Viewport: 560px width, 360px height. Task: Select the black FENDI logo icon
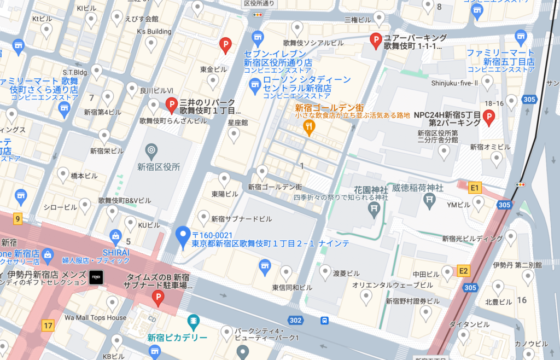(96, 277)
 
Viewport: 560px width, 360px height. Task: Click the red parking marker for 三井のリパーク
(171, 104)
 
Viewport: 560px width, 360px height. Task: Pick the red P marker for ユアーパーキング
(376, 40)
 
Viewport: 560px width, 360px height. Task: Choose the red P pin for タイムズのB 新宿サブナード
(158, 298)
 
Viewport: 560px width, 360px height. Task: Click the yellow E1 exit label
(475, 187)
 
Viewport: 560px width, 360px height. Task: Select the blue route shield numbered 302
(296, 321)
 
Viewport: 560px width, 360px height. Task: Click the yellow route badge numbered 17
(48, 326)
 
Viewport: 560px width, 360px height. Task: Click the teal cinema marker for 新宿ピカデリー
(193, 321)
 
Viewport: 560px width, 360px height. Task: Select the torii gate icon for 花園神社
(375, 207)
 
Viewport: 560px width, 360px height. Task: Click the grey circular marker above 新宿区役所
(151, 149)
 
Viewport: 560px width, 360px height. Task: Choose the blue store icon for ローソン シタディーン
(254, 85)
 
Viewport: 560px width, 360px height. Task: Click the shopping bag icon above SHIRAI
(115, 237)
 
